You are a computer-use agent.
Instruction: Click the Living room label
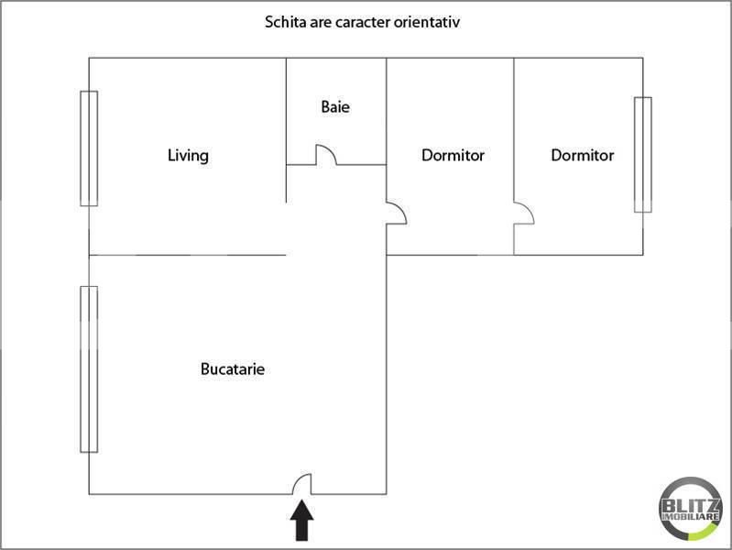[x=188, y=155]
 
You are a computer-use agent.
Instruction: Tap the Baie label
[x=335, y=106]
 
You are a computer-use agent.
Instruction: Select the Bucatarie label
[x=233, y=369]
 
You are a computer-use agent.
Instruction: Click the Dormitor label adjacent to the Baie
[x=453, y=155]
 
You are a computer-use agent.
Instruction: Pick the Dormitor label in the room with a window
[x=582, y=155]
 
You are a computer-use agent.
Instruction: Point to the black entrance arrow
[x=302, y=524]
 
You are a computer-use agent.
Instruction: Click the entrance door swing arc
[x=302, y=483]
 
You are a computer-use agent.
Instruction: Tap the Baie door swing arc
[x=326, y=155]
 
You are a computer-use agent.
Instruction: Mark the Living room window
[x=88, y=148]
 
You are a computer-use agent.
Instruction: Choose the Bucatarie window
[x=88, y=368]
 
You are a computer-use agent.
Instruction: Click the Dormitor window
[x=642, y=154]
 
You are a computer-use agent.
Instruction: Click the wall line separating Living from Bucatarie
[x=188, y=255]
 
